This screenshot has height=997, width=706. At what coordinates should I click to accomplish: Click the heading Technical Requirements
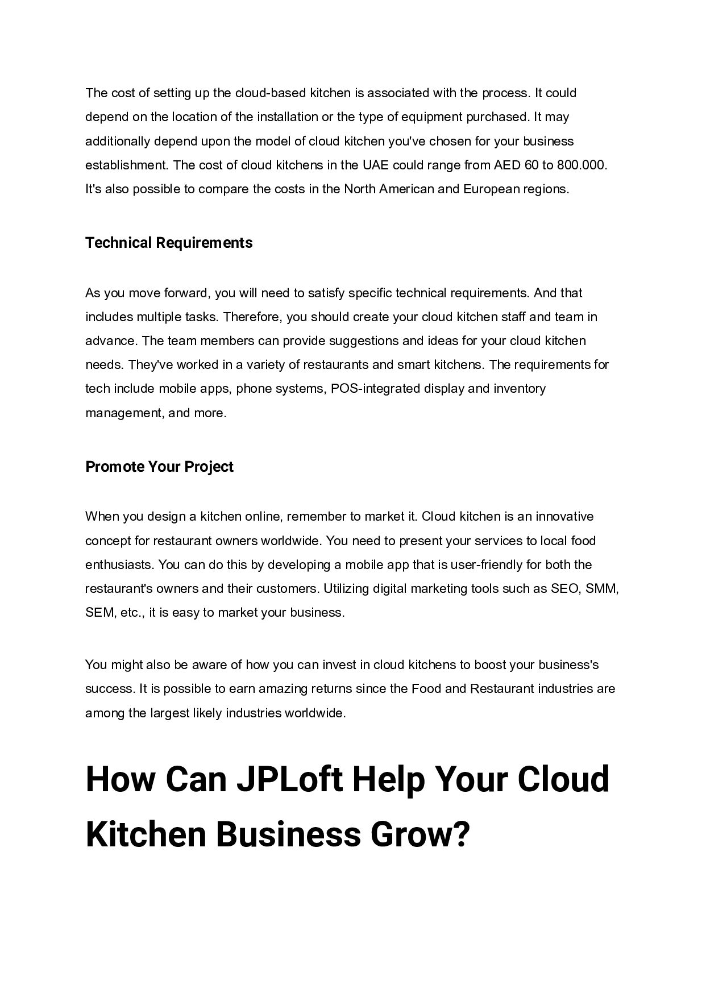pyautogui.click(x=169, y=243)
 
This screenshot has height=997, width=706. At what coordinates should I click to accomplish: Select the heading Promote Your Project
pyautogui.click(x=159, y=467)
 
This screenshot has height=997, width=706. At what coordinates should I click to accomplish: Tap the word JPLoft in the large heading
pyautogui.click(x=289, y=779)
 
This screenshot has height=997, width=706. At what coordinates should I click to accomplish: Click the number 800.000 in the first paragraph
pyautogui.click(x=582, y=165)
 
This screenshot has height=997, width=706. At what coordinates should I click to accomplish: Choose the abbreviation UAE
pyautogui.click(x=375, y=165)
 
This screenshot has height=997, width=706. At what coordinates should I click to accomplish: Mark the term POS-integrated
pyautogui.click(x=375, y=389)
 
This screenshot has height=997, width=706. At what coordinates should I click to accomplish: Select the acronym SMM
pyautogui.click(x=602, y=589)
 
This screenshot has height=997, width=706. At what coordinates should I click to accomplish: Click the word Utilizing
pyautogui.click(x=346, y=589)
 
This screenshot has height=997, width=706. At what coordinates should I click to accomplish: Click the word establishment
pyautogui.click(x=126, y=165)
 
